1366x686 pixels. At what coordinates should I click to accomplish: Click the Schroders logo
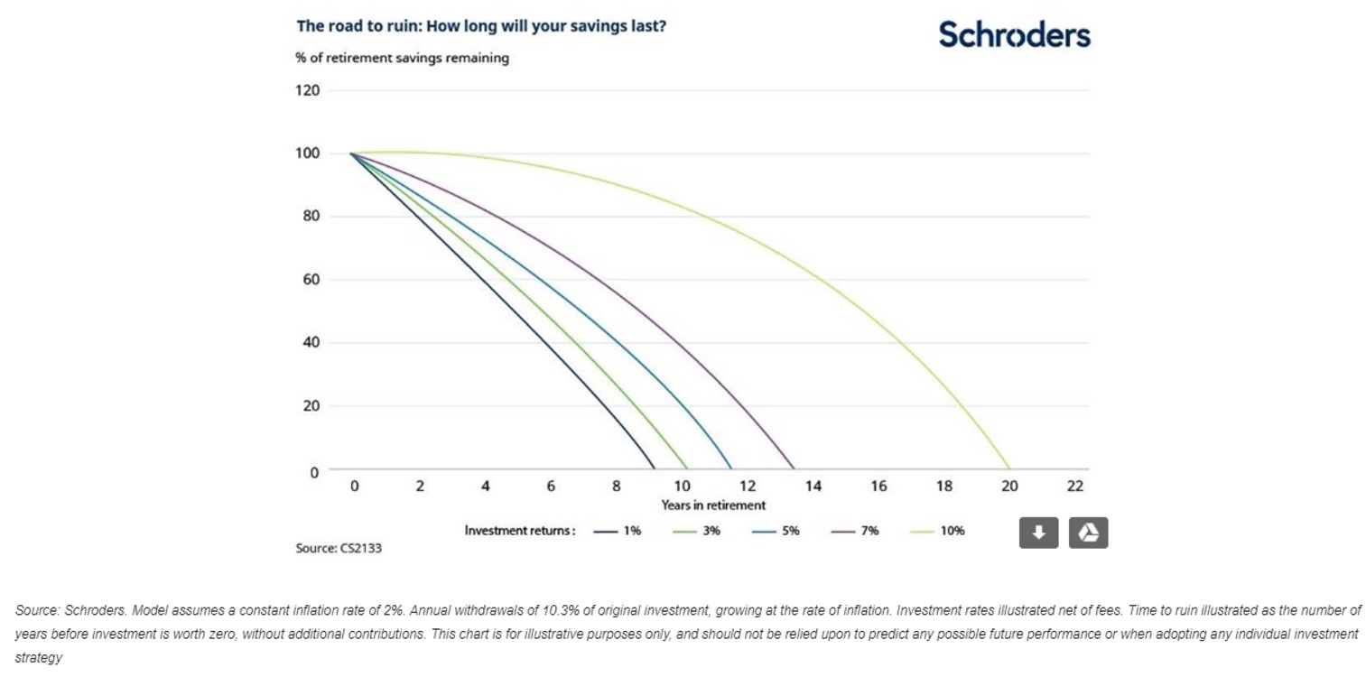pos(1014,34)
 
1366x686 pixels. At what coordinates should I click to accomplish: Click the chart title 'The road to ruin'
pos(481,25)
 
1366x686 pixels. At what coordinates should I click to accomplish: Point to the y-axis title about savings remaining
pos(402,58)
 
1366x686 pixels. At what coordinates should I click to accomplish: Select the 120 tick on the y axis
pos(309,90)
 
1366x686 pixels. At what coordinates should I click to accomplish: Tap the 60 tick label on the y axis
pos(311,280)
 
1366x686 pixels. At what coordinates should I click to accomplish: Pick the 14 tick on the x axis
pos(813,486)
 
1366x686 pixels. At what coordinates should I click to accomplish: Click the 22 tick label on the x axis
pos(1074,486)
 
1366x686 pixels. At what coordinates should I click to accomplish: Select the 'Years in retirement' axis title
pos(713,505)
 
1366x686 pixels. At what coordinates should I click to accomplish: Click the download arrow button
pos(1038,533)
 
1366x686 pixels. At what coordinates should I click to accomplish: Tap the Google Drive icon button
pos(1088,533)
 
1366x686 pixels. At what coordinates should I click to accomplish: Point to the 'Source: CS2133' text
pos(339,548)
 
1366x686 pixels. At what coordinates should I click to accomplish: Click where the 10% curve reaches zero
pos(1009,468)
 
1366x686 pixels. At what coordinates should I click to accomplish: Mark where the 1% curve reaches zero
pos(654,468)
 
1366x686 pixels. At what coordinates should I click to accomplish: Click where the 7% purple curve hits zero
pos(794,468)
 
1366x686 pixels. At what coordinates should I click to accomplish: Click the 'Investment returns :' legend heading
pos(520,531)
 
